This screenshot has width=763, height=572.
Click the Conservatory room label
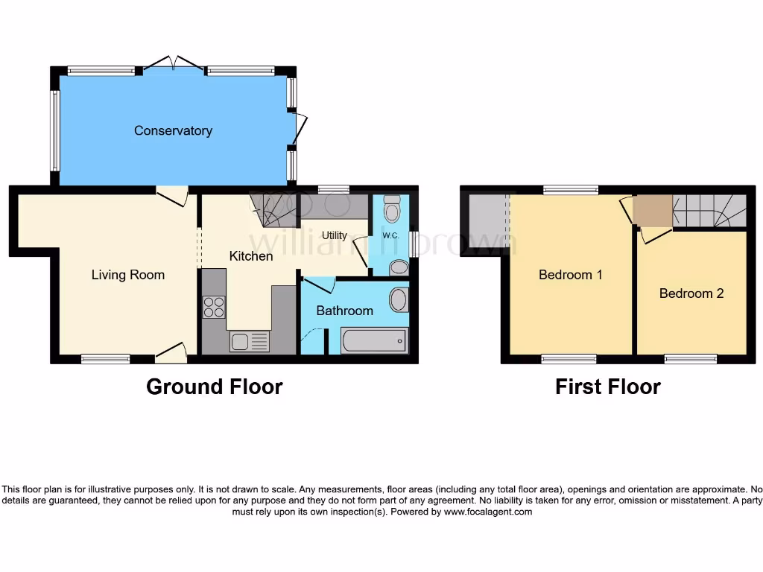click(x=173, y=130)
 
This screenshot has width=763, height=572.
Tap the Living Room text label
click(x=127, y=275)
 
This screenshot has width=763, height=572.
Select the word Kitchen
click(x=250, y=256)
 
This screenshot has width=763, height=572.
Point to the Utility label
click(x=335, y=235)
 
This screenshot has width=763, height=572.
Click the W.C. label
click(x=391, y=236)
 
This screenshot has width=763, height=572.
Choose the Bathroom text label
click(x=344, y=311)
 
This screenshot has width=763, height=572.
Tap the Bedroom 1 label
click(x=571, y=275)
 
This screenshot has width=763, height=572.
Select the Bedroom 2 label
click(x=691, y=293)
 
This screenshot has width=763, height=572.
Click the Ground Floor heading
click(x=214, y=387)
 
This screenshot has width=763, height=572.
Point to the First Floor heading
click(x=607, y=387)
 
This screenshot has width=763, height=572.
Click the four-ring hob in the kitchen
click(x=214, y=307)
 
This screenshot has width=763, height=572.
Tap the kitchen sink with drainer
click(x=250, y=342)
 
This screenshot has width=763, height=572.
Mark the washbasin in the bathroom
click(x=399, y=300)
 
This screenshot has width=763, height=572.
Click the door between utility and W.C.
click(x=361, y=247)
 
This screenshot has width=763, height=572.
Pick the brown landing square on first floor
click(x=652, y=210)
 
